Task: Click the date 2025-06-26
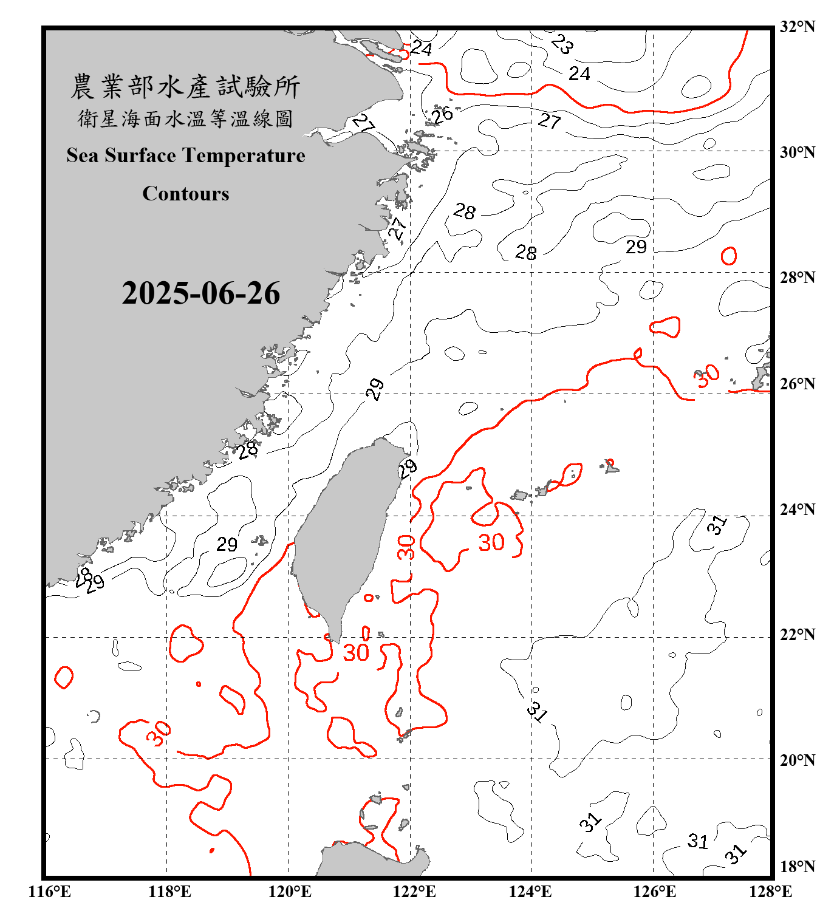(x=200, y=293)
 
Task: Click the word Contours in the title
(x=186, y=194)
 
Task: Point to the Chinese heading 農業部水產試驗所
(x=185, y=87)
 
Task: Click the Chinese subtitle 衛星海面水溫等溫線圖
(x=185, y=119)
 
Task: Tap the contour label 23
(x=562, y=44)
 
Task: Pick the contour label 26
(x=442, y=114)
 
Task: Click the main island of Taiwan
(x=343, y=534)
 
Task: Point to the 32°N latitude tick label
(x=797, y=27)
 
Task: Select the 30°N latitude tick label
(x=797, y=152)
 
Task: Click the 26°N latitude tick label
(x=797, y=384)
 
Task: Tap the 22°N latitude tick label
(x=797, y=635)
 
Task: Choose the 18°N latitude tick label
(x=797, y=867)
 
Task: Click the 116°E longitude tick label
(x=50, y=892)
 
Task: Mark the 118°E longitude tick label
(x=169, y=892)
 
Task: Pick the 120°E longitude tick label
(x=290, y=892)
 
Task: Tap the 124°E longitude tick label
(x=530, y=892)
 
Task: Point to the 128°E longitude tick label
(x=770, y=892)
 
